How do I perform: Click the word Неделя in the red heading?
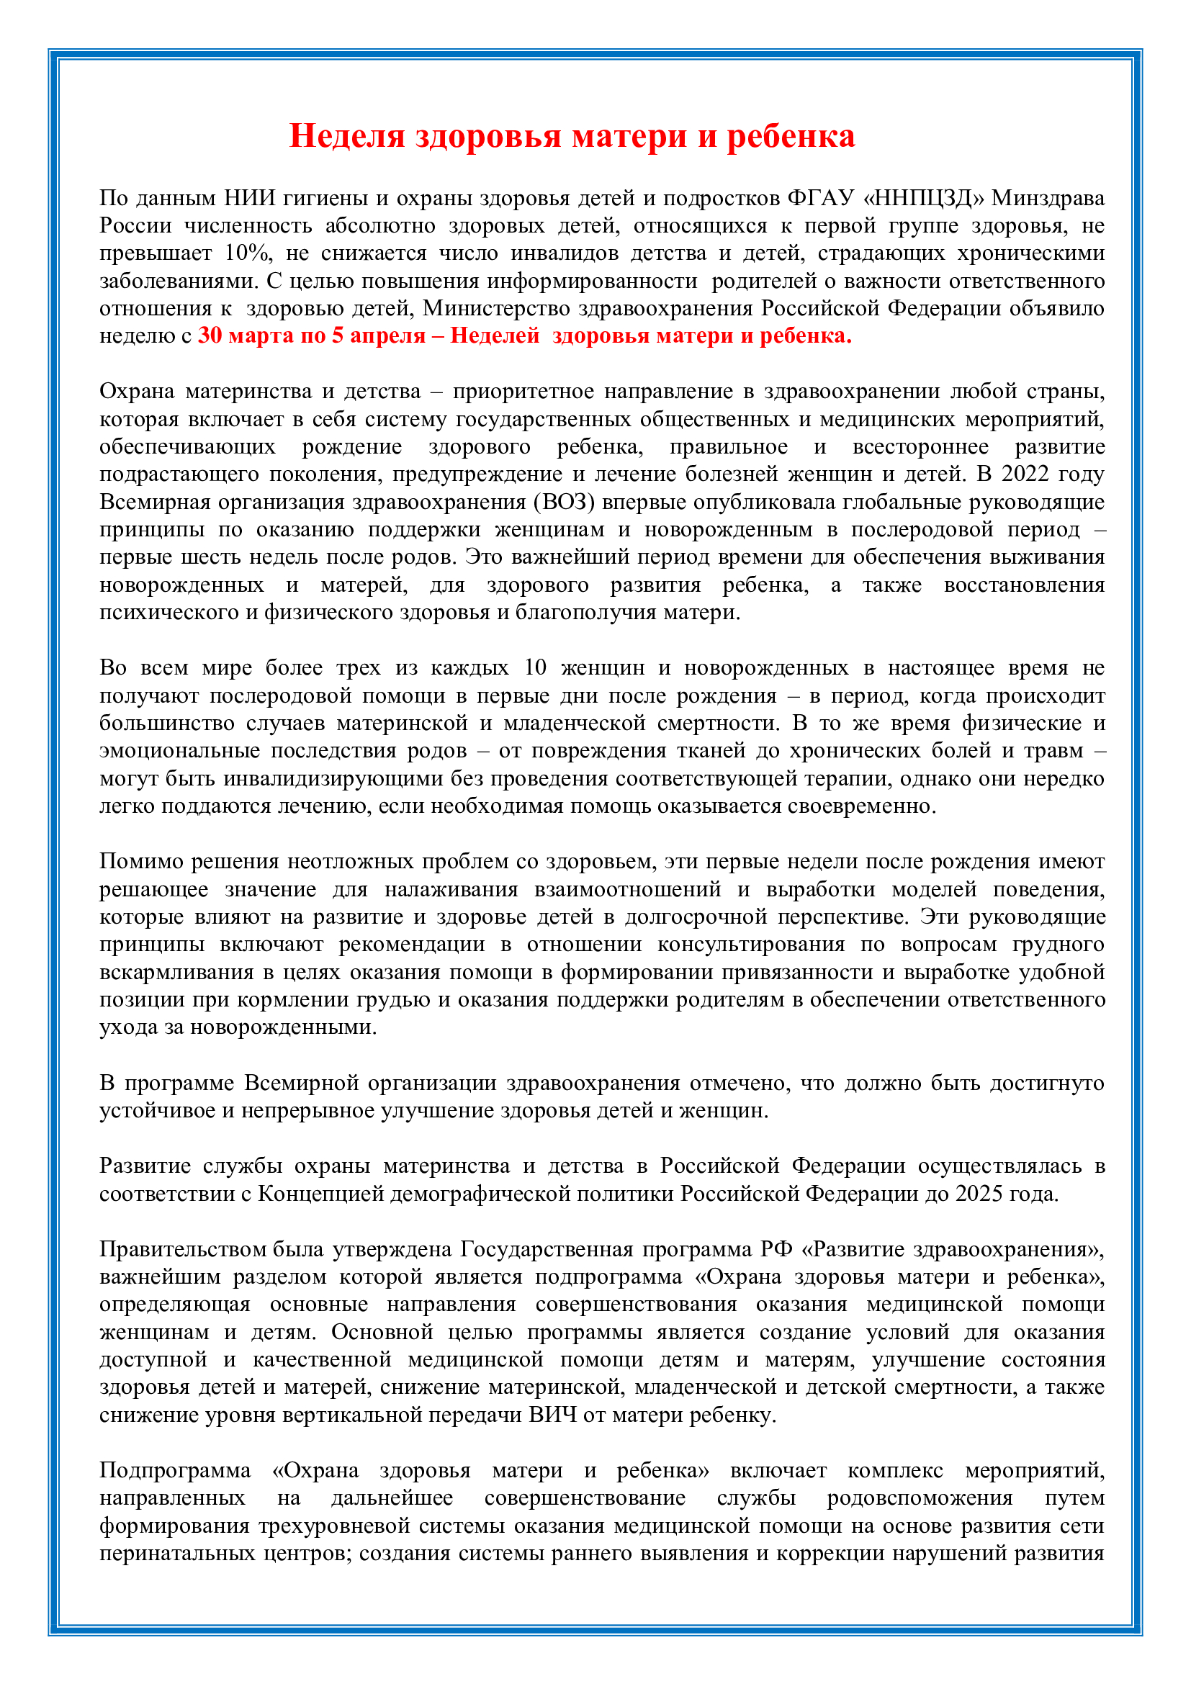point(347,136)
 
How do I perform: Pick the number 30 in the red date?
point(210,336)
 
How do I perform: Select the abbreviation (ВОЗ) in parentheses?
point(564,503)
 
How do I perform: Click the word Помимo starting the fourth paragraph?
point(141,862)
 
